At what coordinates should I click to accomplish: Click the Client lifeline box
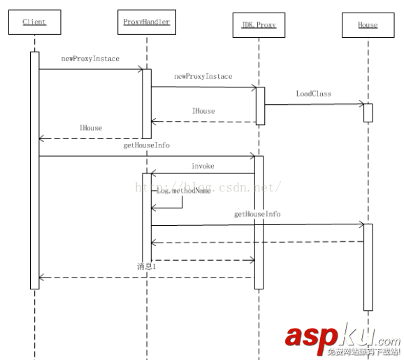click(x=34, y=23)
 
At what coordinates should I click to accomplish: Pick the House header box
click(x=368, y=26)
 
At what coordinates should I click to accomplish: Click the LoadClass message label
click(x=313, y=93)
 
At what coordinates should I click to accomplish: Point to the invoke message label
click(x=203, y=166)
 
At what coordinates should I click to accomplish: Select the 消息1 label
click(x=145, y=267)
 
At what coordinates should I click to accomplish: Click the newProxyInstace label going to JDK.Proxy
click(x=203, y=76)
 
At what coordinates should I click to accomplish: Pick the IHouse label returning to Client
click(x=91, y=128)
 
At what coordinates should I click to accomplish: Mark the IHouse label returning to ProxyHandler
click(x=203, y=110)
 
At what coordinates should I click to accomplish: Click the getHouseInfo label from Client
click(x=147, y=145)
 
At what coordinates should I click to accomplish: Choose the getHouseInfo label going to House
click(x=257, y=214)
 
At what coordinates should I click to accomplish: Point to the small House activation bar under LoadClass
click(x=368, y=113)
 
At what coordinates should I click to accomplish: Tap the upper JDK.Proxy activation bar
click(x=259, y=106)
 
